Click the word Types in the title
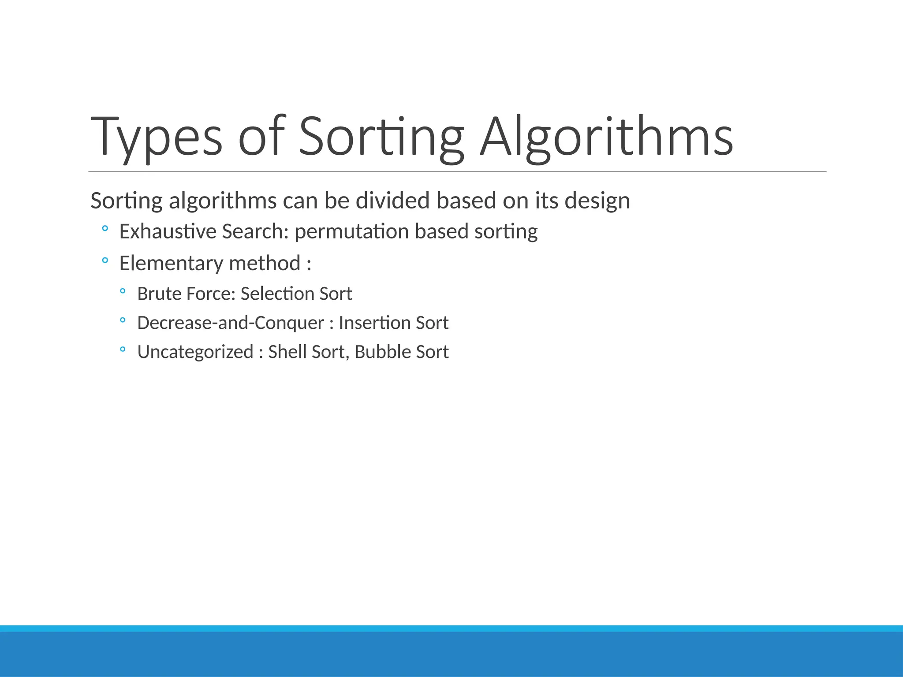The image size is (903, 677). point(156,137)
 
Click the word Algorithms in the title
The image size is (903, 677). point(606,137)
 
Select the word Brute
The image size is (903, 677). point(159,294)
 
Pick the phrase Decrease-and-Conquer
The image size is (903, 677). point(231,323)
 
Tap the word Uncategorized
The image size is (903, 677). point(195,352)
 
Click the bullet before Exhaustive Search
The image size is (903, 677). point(105,229)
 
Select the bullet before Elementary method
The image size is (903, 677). point(105,260)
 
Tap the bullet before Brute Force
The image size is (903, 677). point(123,291)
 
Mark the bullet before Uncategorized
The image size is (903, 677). point(123,350)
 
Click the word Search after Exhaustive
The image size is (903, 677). point(255,231)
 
